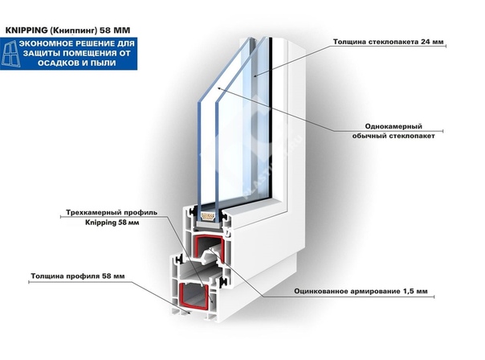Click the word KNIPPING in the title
pyautogui.click(x=26, y=31)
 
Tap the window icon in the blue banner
pyautogui.click(x=11, y=54)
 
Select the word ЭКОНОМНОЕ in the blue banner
pyautogui.click(x=46, y=43)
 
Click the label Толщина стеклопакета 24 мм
pyautogui.click(x=388, y=42)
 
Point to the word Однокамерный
pyautogui.click(x=393, y=127)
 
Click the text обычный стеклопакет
pyautogui.click(x=393, y=136)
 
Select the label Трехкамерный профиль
pyautogui.click(x=112, y=213)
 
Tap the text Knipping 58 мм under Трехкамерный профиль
pyautogui.click(x=112, y=223)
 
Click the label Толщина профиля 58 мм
pyautogui.click(x=78, y=276)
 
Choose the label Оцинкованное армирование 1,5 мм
pyautogui.click(x=361, y=291)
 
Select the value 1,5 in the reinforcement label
pyautogui.click(x=410, y=291)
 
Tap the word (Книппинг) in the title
pyautogui.click(x=73, y=31)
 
